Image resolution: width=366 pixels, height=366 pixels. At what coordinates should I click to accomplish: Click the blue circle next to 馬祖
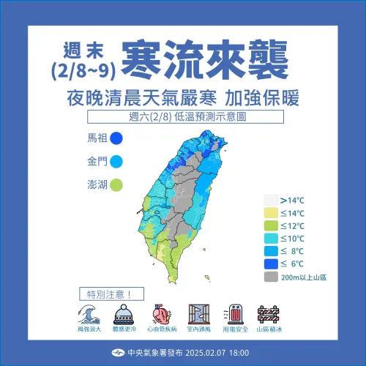click(x=115, y=138)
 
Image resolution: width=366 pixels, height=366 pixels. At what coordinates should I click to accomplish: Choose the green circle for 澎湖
click(x=115, y=184)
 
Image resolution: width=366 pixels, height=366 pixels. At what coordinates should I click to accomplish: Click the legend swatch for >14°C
click(x=271, y=199)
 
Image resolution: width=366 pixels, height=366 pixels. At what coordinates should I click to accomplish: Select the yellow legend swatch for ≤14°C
click(x=271, y=212)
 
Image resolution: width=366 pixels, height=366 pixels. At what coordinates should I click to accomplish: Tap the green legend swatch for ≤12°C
click(x=271, y=225)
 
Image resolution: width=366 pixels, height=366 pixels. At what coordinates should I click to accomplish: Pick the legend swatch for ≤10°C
click(x=271, y=239)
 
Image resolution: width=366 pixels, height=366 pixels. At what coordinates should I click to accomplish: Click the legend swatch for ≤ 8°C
click(x=271, y=251)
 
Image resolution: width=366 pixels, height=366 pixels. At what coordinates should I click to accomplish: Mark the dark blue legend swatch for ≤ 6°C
click(x=271, y=264)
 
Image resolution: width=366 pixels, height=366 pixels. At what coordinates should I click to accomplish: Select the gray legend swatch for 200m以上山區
click(x=271, y=277)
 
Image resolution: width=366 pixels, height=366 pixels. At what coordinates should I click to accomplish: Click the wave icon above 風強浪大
click(x=86, y=314)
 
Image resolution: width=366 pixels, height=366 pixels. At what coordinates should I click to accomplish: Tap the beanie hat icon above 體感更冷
click(x=122, y=315)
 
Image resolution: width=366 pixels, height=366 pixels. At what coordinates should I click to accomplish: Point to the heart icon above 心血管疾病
click(x=160, y=315)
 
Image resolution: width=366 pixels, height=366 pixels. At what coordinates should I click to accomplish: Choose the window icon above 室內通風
click(x=198, y=315)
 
